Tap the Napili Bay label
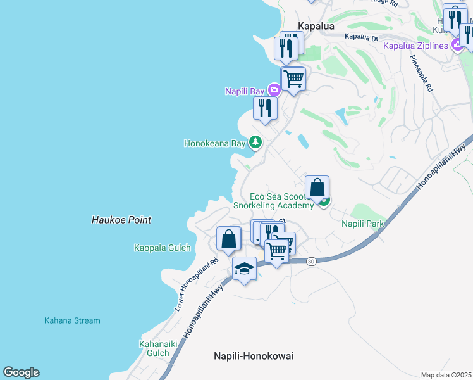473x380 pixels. [x=244, y=91]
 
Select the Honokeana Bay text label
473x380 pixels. [x=214, y=143]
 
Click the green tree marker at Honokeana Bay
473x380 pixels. [x=255, y=142]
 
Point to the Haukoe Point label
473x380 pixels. [x=120, y=220]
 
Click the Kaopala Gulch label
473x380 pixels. [x=163, y=248]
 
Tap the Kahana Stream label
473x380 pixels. [x=72, y=320]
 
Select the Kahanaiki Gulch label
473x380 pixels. [x=154, y=348]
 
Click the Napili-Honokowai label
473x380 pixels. [x=253, y=356]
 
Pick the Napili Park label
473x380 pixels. [x=363, y=224]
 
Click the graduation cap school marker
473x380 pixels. [x=244, y=269]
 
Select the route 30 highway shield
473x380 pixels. [x=310, y=261]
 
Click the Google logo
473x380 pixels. [x=21, y=372]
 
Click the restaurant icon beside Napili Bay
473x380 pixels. [x=265, y=108]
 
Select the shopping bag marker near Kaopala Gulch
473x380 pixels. [x=228, y=239]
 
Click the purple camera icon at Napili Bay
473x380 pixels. [x=273, y=91]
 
